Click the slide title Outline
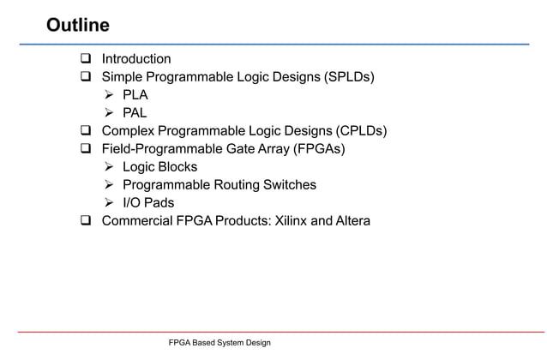pyautogui.click(x=77, y=24)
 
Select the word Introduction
pyautogui.click(x=136, y=59)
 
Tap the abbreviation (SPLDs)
pyautogui.click(x=349, y=77)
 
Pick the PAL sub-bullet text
pyautogui.click(x=135, y=113)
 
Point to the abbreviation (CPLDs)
pyautogui.click(x=359, y=131)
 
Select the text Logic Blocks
pyautogui.click(x=159, y=167)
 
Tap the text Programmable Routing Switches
pyautogui.click(x=219, y=185)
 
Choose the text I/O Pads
pyautogui.click(x=148, y=203)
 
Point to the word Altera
pyautogui.click(x=352, y=221)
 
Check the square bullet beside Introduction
pyautogui.click(x=86, y=59)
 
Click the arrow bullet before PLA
pyautogui.click(x=110, y=95)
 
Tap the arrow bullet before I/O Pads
pyautogui.click(x=110, y=203)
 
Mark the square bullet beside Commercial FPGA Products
pyautogui.click(x=86, y=221)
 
